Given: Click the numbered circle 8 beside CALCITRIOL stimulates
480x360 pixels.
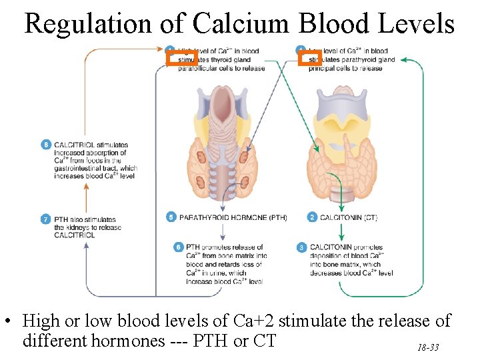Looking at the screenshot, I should coord(46,145).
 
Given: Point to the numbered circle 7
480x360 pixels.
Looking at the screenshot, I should coord(46,219).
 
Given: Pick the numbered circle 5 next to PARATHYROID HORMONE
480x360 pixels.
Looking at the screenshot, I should coord(171,217).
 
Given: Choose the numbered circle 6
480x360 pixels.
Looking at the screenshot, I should coord(178,247).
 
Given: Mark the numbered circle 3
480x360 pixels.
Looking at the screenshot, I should coord(301,247).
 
